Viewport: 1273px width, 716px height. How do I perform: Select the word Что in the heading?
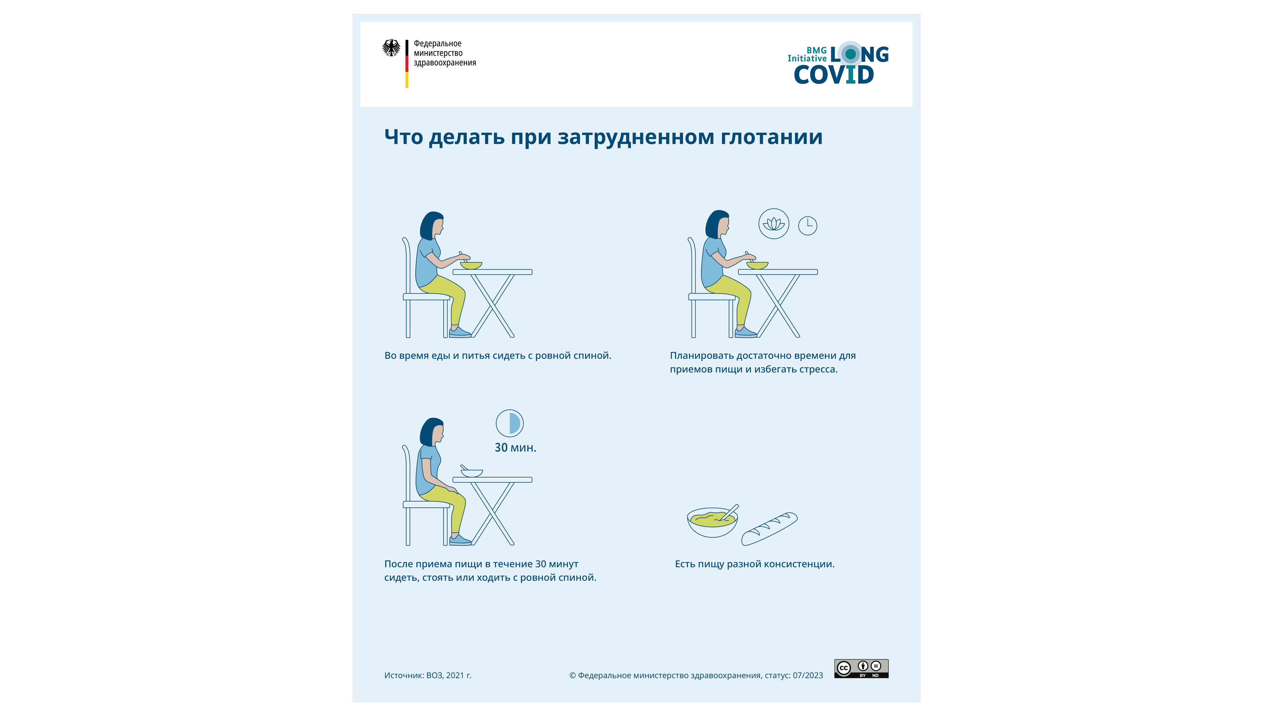403,137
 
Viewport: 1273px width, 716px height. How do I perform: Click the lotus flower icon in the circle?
773,224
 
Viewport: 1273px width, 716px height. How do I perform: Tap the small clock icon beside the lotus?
808,226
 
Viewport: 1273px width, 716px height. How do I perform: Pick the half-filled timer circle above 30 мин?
510,424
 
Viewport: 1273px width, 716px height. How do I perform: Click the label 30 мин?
515,448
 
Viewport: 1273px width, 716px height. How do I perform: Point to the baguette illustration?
769,529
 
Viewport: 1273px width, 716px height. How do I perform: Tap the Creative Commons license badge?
861,669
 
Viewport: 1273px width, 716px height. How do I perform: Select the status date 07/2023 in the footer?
808,676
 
